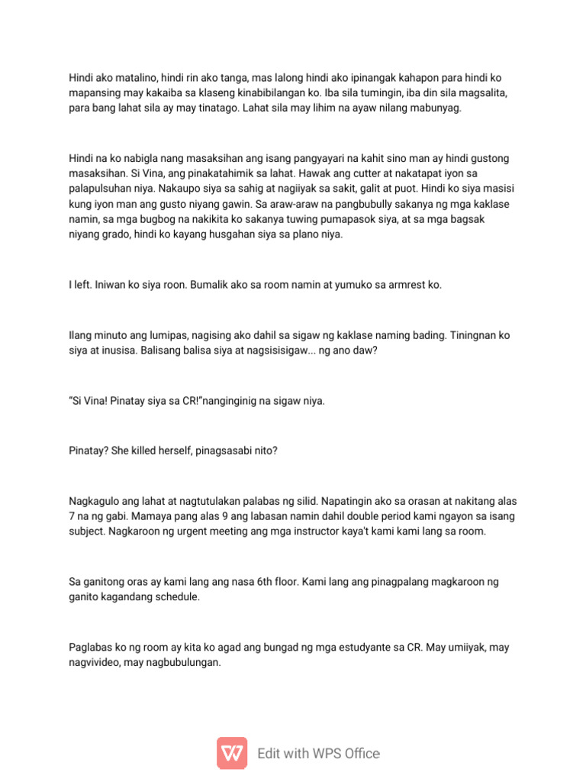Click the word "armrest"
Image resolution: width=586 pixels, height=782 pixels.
click(404, 285)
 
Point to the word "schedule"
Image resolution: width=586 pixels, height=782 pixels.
click(175, 597)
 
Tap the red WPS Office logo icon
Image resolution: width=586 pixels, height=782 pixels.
click(232, 753)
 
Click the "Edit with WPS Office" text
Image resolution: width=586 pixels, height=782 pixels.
click(318, 754)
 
